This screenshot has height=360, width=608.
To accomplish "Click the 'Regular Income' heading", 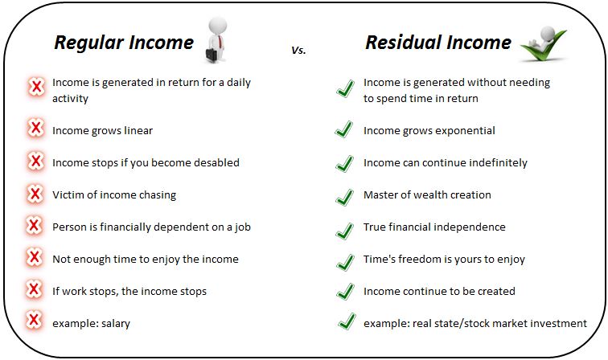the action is pyautogui.click(x=124, y=43).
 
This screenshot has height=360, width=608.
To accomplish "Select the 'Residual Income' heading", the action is pyautogui.click(x=438, y=43).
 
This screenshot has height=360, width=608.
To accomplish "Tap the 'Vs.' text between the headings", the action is pyautogui.click(x=298, y=50).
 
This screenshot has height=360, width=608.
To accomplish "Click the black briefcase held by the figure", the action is pyautogui.click(x=212, y=55).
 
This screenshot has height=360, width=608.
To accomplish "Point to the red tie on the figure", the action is pyautogui.click(x=220, y=42).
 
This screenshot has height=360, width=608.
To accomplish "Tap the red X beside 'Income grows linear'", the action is pyautogui.click(x=35, y=128).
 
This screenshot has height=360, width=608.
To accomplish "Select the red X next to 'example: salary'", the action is pyautogui.click(x=34, y=320).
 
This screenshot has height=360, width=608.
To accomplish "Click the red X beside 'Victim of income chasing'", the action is pyautogui.click(x=35, y=193).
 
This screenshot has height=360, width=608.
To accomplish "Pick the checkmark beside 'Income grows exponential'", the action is pyautogui.click(x=344, y=129).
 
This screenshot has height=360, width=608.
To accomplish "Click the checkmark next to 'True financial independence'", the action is pyautogui.click(x=345, y=231).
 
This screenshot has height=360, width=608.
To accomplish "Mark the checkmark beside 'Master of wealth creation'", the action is pyautogui.click(x=345, y=198).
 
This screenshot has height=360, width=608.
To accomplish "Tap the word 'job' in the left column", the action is pyautogui.click(x=242, y=227).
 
